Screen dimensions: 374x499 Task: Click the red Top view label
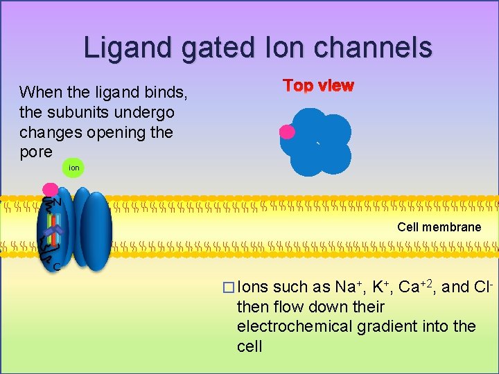pos(318,86)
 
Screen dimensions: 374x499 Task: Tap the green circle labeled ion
pos(73,168)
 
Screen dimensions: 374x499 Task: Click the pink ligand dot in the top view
pos(287,132)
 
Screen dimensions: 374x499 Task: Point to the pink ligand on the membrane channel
pos(50,189)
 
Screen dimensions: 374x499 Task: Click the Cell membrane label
pos(439,227)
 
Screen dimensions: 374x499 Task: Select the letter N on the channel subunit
pos(57,202)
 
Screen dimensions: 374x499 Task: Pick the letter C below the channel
pos(55,266)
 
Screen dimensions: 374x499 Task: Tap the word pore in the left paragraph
pos(36,152)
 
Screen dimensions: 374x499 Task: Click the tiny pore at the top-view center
pos(317,143)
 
